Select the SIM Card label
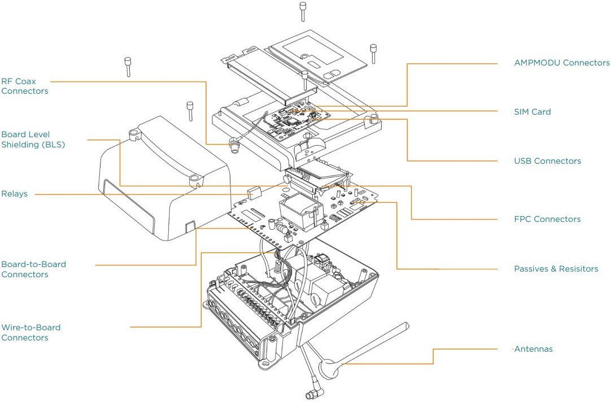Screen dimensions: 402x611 pyautogui.click(x=532, y=112)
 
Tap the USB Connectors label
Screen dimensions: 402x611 pyautogui.click(x=547, y=161)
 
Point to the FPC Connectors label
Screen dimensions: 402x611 pyautogui.click(x=547, y=219)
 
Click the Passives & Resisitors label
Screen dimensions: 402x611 pyautogui.click(x=556, y=269)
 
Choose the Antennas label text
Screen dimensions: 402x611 pyautogui.click(x=533, y=349)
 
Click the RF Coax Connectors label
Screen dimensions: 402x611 pyautogui.click(x=25, y=86)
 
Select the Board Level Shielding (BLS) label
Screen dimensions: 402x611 pyautogui.click(x=33, y=139)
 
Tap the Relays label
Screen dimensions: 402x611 pyautogui.click(x=14, y=194)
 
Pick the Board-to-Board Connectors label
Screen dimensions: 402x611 pyautogui.click(x=33, y=269)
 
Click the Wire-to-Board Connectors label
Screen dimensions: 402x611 pyautogui.click(x=30, y=333)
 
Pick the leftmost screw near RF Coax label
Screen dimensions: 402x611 pyautogui.click(x=128, y=67)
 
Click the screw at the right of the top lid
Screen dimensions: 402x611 pyautogui.click(x=373, y=54)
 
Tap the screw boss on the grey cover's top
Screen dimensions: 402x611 pyautogui.click(x=134, y=134)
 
